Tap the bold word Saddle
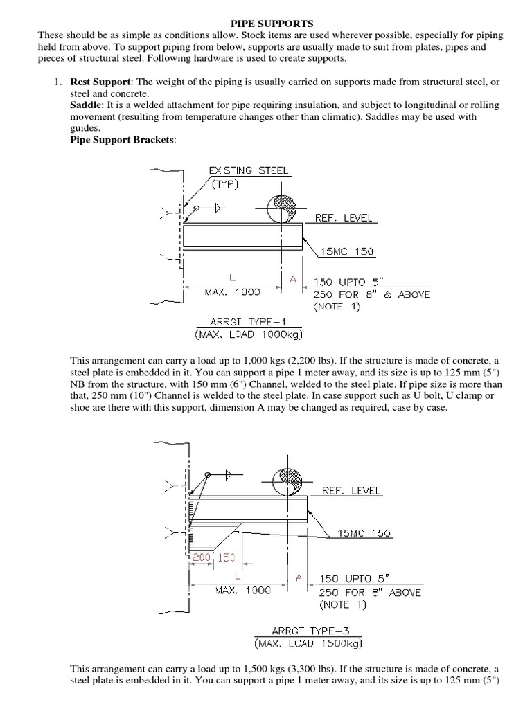[x=87, y=105]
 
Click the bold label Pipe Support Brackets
[x=123, y=140]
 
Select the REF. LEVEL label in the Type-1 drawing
[x=344, y=217]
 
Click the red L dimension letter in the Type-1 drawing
[x=223, y=278]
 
